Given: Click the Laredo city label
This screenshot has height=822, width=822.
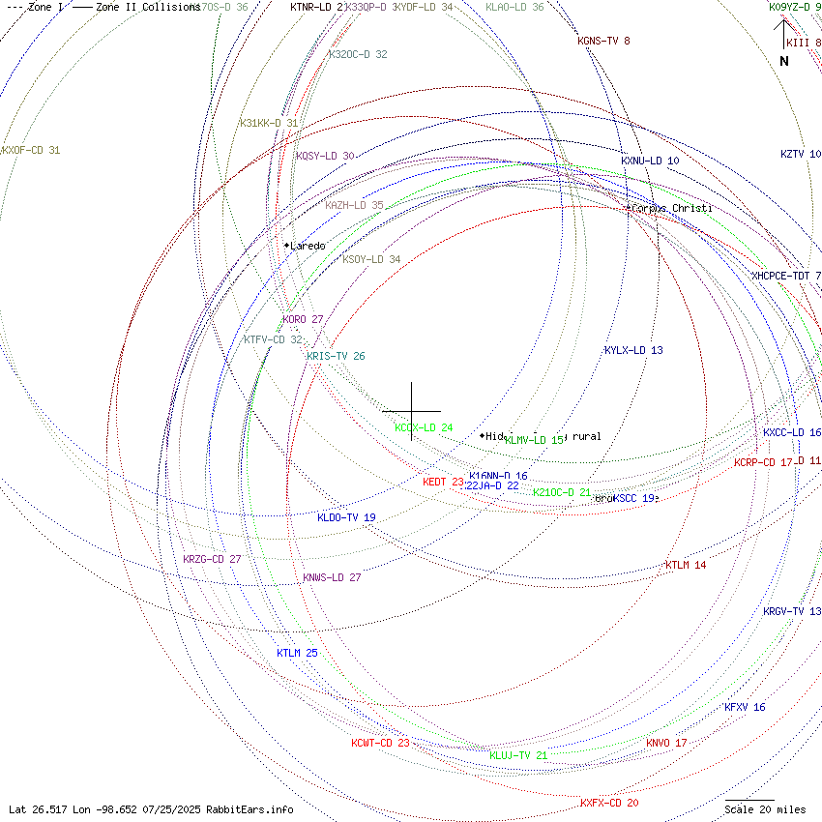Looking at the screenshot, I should (x=308, y=246).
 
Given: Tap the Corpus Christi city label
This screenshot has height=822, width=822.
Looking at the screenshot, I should (x=672, y=209).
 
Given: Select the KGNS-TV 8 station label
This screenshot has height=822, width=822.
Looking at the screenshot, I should (x=603, y=41).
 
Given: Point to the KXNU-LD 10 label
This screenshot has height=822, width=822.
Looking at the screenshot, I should (x=650, y=161).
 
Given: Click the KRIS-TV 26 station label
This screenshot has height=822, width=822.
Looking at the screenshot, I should (x=336, y=356).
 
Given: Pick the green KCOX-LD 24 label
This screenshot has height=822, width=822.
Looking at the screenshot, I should (x=424, y=427).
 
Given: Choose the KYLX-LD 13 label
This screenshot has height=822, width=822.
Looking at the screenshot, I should (x=633, y=350).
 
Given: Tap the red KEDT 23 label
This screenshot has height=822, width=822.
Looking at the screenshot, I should (x=443, y=482).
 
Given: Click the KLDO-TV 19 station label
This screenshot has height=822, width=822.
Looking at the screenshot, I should (x=346, y=517).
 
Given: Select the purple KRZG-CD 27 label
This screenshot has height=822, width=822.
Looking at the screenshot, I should (x=212, y=559).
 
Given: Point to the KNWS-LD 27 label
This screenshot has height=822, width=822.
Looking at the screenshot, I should (x=332, y=577).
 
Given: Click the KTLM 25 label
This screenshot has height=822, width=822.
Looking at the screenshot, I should (x=297, y=653).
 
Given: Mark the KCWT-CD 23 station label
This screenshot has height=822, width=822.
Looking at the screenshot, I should (x=380, y=743).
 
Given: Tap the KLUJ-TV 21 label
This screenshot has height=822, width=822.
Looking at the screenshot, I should (x=518, y=755).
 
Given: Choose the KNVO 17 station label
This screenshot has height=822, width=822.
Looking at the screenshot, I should (x=666, y=743).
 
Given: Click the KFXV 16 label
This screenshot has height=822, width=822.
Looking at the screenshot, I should (x=745, y=707).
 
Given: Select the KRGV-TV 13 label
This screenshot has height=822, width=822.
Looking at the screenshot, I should (x=792, y=611).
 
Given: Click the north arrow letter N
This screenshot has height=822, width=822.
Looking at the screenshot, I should (x=784, y=61).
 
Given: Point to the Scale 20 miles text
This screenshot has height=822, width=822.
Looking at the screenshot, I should (x=765, y=809).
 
